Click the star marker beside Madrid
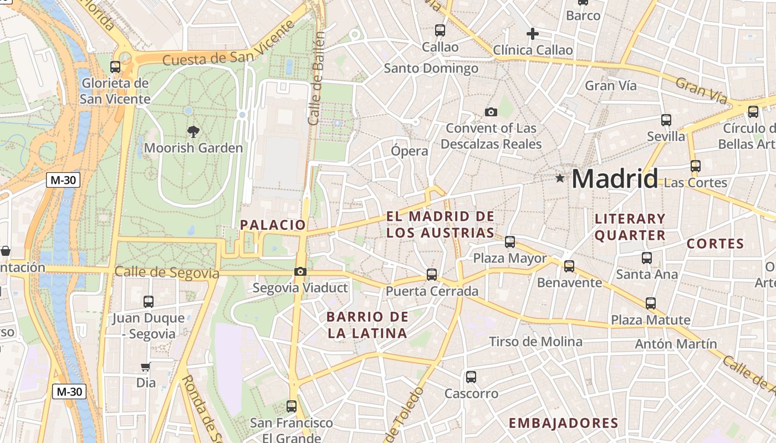(x=560, y=178)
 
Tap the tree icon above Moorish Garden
(x=193, y=132)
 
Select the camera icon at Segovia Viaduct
(x=300, y=271)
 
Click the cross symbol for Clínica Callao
(x=532, y=34)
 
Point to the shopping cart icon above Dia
(x=145, y=367)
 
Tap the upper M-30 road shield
(x=63, y=180)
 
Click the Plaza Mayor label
(x=510, y=259)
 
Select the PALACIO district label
(x=273, y=225)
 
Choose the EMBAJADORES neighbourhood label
(x=563, y=424)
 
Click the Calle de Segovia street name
(x=167, y=272)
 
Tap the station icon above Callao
(x=440, y=30)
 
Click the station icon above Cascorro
(x=471, y=377)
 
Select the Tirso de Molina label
(x=535, y=342)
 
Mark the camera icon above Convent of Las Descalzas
(x=491, y=112)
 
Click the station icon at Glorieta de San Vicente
(x=115, y=67)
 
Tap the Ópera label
(x=410, y=151)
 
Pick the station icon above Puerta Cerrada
(x=432, y=274)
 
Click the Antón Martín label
(x=676, y=344)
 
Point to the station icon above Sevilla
(x=666, y=120)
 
